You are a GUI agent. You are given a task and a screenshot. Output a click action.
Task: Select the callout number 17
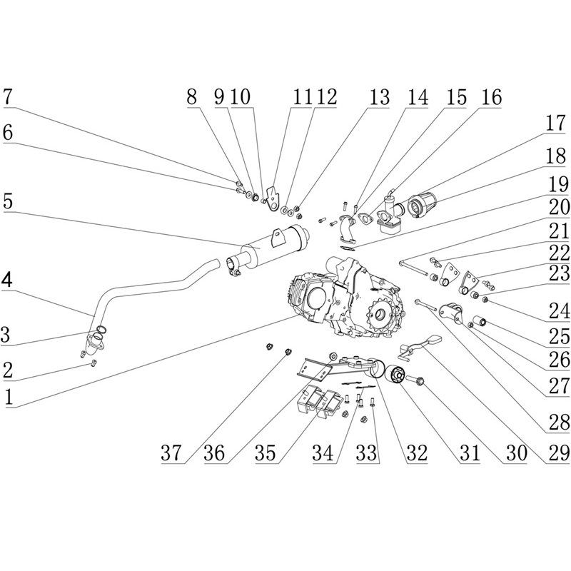click(x=555, y=123)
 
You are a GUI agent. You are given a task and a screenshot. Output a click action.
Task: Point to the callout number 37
click(x=172, y=453)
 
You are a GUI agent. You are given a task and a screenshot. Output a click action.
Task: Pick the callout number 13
click(x=380, y=98)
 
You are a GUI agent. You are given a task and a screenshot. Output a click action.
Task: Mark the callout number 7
click(x=9, y=98)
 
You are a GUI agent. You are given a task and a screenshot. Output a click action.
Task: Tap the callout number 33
click(x=368, y=453)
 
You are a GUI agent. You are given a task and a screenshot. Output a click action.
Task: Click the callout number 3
click(x=9, y=333)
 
